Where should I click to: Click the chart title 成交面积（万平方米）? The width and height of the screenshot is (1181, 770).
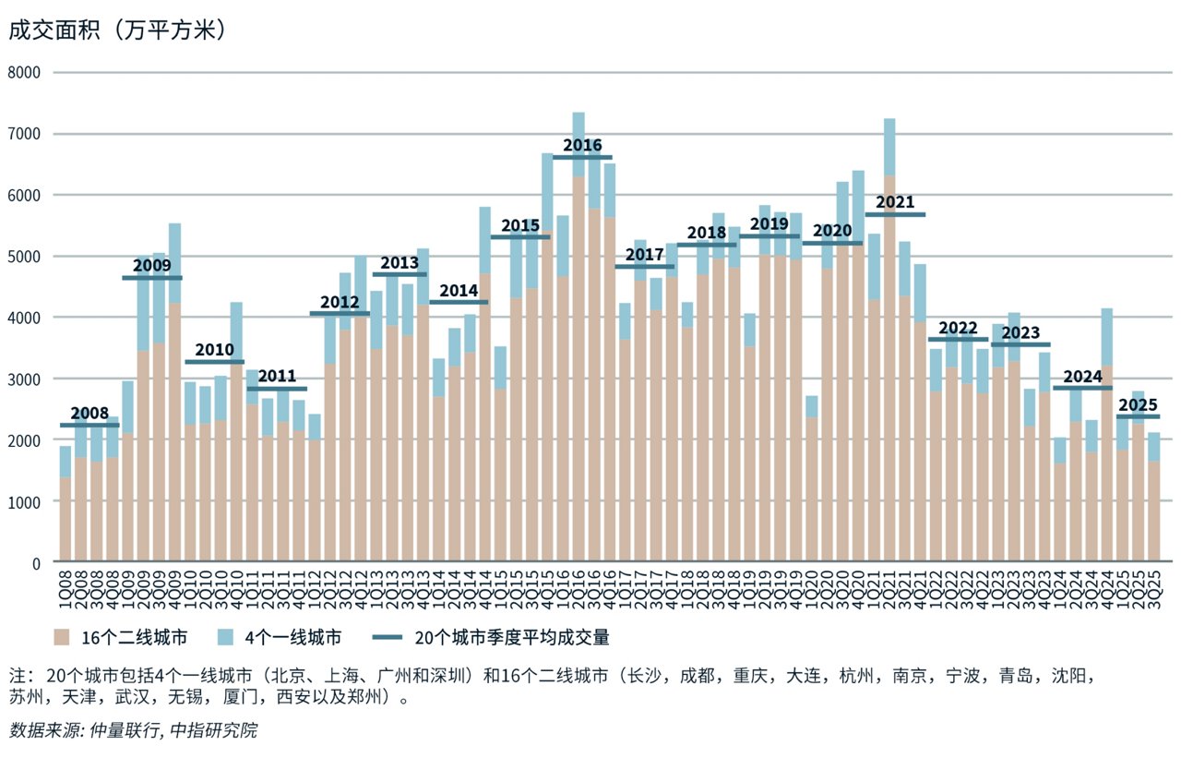coord(118,30)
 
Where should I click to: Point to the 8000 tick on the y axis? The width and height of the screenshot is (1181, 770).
coord(27,73)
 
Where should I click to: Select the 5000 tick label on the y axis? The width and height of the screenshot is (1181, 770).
coord(27,256)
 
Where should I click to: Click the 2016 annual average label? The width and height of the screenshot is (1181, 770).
coord(582,145)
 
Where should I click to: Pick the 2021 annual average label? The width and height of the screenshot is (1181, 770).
coord(894,202)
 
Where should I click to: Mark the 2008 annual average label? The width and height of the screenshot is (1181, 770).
coord(89,414)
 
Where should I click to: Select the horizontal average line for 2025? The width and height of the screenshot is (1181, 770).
coord(1138,416)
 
